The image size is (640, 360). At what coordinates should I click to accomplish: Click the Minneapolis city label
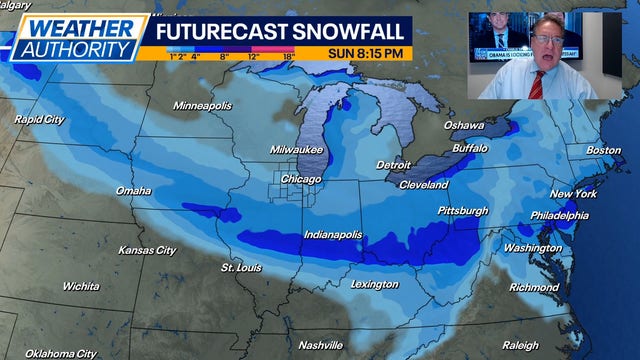click(x=202, y=105)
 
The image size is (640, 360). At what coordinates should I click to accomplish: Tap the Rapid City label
click(x=40, y=119)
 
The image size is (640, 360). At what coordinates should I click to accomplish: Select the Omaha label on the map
click(x=133, y=190)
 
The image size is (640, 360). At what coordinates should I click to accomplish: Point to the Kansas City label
click(x=148, y=249)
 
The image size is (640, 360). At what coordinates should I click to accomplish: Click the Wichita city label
click(x=80, y=286)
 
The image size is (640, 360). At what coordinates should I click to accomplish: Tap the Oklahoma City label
click(x=61, y=353)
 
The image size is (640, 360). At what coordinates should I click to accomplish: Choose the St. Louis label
click(x=241, y=267)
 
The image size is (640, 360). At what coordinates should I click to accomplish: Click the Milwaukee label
click(x=297, y=149)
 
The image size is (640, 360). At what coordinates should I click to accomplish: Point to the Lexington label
click(x=375, y=284)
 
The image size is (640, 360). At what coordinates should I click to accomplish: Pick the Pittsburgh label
click(x=463, y=211)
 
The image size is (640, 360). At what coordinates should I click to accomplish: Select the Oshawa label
click(x=464, y=125)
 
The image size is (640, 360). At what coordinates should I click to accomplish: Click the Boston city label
click(x=603, y=150)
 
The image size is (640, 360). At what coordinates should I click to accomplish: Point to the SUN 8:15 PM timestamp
click(x=367, y=52)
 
